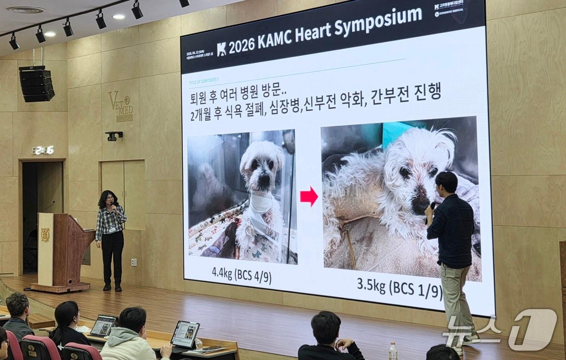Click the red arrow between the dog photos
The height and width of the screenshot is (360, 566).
coord(309,197)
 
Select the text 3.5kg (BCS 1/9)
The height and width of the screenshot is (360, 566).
coord(399,288)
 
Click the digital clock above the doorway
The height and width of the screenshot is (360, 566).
coord(43,150)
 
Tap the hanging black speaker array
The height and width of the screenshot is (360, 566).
coord(37,84)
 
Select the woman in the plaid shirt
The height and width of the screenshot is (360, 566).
coord(110,239)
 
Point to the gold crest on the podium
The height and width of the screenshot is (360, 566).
coord(45,235)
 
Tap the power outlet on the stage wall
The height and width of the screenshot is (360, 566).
coord(134,262)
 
